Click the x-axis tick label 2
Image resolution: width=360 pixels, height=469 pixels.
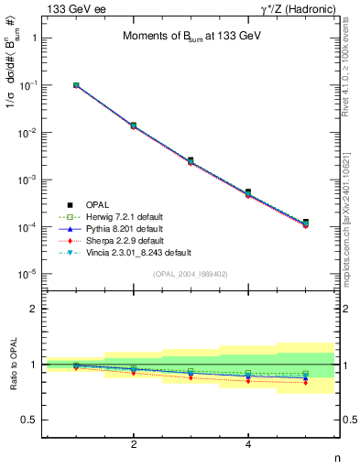tap(134, 445)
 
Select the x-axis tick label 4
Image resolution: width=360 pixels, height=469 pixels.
tap(248, 445)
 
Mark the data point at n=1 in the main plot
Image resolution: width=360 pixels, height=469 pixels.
tap(76, 85)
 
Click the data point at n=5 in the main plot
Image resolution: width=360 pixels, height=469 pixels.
tap(305, 223)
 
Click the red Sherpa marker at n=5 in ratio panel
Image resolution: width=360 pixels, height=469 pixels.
tap(305, 382)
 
